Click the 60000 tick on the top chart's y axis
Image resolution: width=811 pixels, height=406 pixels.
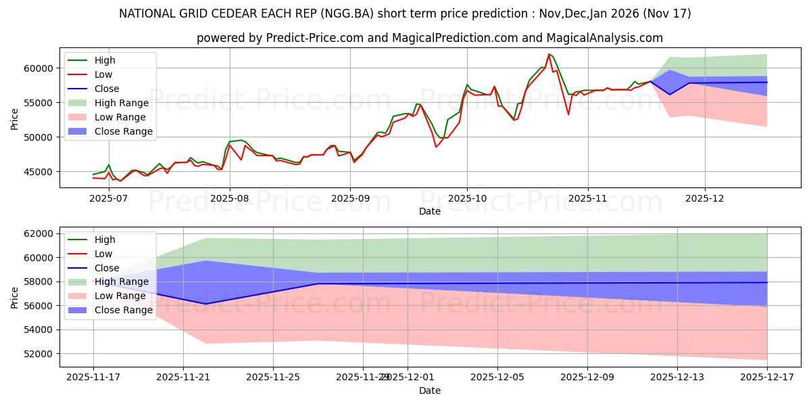tap(39, 68)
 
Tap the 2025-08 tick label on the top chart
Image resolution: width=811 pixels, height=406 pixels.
tap(230, 199)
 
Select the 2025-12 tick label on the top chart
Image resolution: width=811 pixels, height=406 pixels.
tap(705, 199)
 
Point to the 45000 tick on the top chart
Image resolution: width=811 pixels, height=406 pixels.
tap(39, 172)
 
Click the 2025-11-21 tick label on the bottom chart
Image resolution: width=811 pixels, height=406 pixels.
tap(183, 377)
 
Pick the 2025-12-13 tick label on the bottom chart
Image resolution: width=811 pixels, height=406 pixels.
tap(677, 377)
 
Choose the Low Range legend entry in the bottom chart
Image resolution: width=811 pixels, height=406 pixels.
tap(122, 296)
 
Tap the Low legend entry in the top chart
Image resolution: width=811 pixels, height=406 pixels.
tap(103, 74)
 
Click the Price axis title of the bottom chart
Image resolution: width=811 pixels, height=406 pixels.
tap(15, 296)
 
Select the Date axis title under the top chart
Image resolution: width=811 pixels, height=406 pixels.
tap(429, 211)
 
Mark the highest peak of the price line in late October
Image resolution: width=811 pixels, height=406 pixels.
tap(549, 54)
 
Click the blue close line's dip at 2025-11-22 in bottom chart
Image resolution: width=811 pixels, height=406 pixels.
tap(205, 304)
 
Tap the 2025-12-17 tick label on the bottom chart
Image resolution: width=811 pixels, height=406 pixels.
tap(767, 377)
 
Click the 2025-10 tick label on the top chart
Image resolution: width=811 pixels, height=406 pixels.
tap(467, 199)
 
